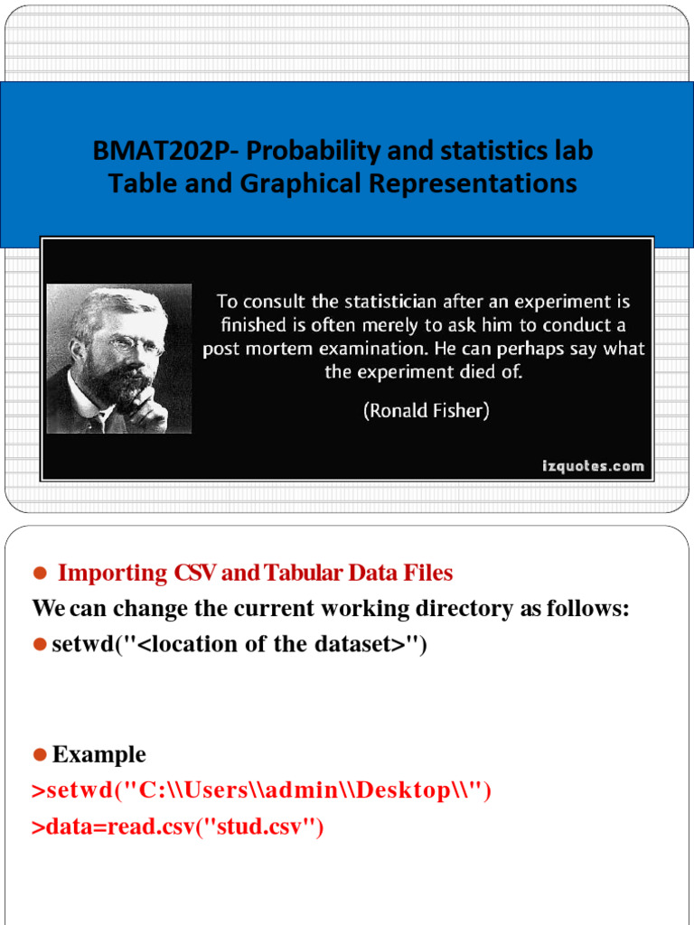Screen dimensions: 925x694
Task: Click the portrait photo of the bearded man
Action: click(118, 359)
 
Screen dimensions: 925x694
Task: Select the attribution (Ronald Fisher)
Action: click(427, 410)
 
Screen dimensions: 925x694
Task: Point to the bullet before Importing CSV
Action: click(40, 574)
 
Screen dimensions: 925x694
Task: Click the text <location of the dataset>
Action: click(281, 644)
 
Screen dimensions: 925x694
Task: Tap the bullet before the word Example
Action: click(40, 754)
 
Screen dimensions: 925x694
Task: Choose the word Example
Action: click(99, 754)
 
